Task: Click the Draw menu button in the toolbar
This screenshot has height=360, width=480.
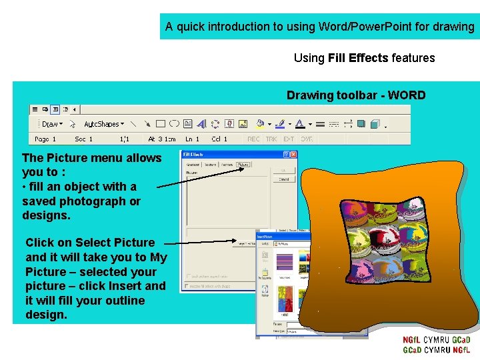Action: click(50, 124)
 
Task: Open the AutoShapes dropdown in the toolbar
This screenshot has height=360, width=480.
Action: click(103, 124)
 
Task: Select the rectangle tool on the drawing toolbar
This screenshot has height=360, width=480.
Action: click(160, 124)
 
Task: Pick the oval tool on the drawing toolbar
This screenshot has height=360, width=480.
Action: click(174, 124)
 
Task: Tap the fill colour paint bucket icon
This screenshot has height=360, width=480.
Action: click(260, 124)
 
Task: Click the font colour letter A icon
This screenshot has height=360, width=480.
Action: click(299, 124)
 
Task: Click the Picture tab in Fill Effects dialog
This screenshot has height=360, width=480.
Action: click(243, 165)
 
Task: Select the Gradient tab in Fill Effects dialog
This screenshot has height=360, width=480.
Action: click(193, 165)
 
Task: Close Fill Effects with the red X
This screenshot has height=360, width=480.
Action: click(293, 155)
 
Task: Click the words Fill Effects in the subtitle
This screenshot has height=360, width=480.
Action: click(358, 58)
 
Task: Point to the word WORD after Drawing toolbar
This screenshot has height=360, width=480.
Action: click(407, 95)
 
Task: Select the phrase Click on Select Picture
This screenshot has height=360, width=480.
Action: click(90, 243)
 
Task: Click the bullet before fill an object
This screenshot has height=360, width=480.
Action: click(25, 187)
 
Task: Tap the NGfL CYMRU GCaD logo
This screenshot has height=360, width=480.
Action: click(436, 345)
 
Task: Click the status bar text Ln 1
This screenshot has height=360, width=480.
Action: click(192, 139)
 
